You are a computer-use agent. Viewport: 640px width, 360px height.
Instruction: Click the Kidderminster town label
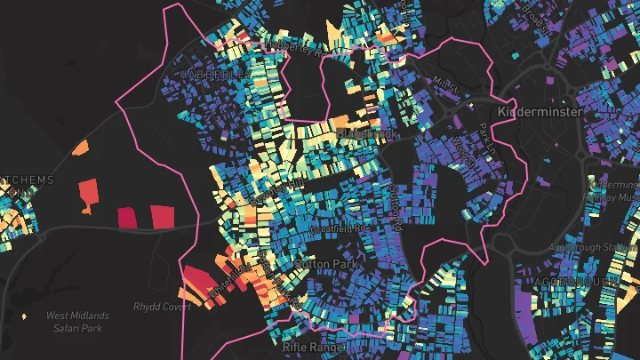click(x=540, y=112)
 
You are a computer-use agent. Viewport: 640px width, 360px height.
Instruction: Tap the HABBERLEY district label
click(x=212, y=76)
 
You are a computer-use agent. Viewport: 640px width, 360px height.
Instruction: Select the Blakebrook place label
click(x=369, y=133)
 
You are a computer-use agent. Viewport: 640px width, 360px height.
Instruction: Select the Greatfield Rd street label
click(x=338, y=228)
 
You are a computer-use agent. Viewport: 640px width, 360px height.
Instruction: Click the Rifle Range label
click(x=311, y=348)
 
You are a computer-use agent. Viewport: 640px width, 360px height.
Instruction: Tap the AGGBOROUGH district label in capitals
click(x=578, y=282)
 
